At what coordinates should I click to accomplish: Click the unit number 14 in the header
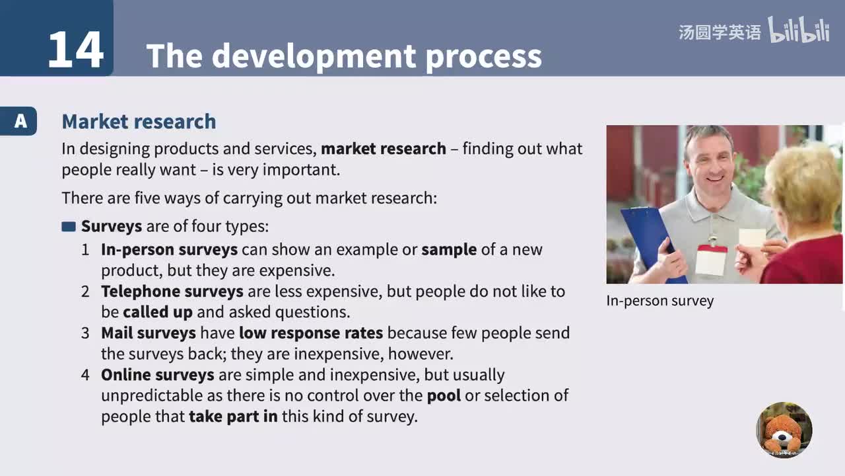point(75,50)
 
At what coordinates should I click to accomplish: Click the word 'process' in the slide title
point(483,56)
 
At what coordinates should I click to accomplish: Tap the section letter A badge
point(20,121)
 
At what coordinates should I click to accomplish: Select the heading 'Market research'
point(139,121)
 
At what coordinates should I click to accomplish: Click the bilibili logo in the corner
point(798,30)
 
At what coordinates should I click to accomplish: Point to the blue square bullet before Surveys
point(69,227)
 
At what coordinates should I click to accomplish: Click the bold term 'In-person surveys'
point(169,250)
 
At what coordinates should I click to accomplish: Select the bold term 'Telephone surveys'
point(172,292)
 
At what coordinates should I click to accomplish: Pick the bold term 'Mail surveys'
point(148,333)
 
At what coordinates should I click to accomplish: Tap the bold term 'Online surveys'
point(157,375)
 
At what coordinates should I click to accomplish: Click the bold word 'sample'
point(449,250)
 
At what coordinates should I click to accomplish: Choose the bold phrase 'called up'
point(158,312)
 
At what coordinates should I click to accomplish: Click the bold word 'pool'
point(444,396)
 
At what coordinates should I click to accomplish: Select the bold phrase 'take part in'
point(233,417)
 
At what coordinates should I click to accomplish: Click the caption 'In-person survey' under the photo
point(660,301)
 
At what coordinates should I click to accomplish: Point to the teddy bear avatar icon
point(784,430)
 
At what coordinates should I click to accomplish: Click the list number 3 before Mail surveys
point(85,333)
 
